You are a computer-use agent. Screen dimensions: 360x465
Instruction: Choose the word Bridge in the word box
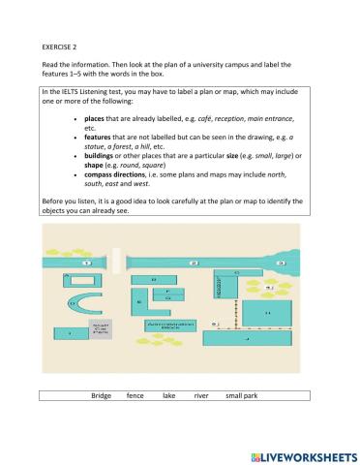pos(102,396)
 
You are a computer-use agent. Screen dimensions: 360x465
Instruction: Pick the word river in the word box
pos(201,396)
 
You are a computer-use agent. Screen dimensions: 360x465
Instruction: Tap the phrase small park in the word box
pos(242,396)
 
